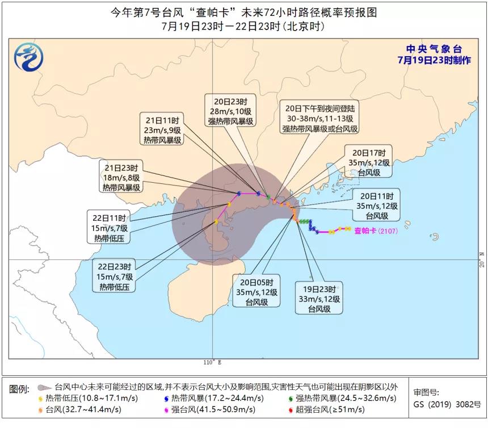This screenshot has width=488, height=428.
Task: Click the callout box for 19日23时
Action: coord(319,297)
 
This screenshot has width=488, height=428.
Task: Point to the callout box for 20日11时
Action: coord(376,205)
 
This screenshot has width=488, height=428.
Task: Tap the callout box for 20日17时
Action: coord(368,162)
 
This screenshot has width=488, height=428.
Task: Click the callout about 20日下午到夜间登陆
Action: coord(320,118)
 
